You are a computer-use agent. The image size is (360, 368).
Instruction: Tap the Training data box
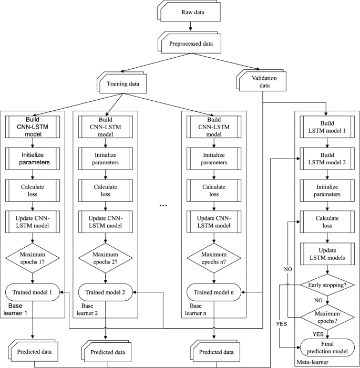pyautogui.click(x=123, y=83)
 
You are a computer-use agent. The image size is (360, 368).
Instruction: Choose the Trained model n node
pyautogui.click(x=214, y=292)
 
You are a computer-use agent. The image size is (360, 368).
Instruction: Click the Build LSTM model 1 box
pyautogui.click(x=327, y=127)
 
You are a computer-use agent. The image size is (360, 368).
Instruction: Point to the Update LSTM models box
pyautogui.click(x=327, y=254)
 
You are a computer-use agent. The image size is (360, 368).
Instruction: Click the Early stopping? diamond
pyautogui.click(x=327, y=285)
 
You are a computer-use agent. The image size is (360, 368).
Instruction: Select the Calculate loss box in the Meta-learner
pyautogui.click(x=327, y=222)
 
